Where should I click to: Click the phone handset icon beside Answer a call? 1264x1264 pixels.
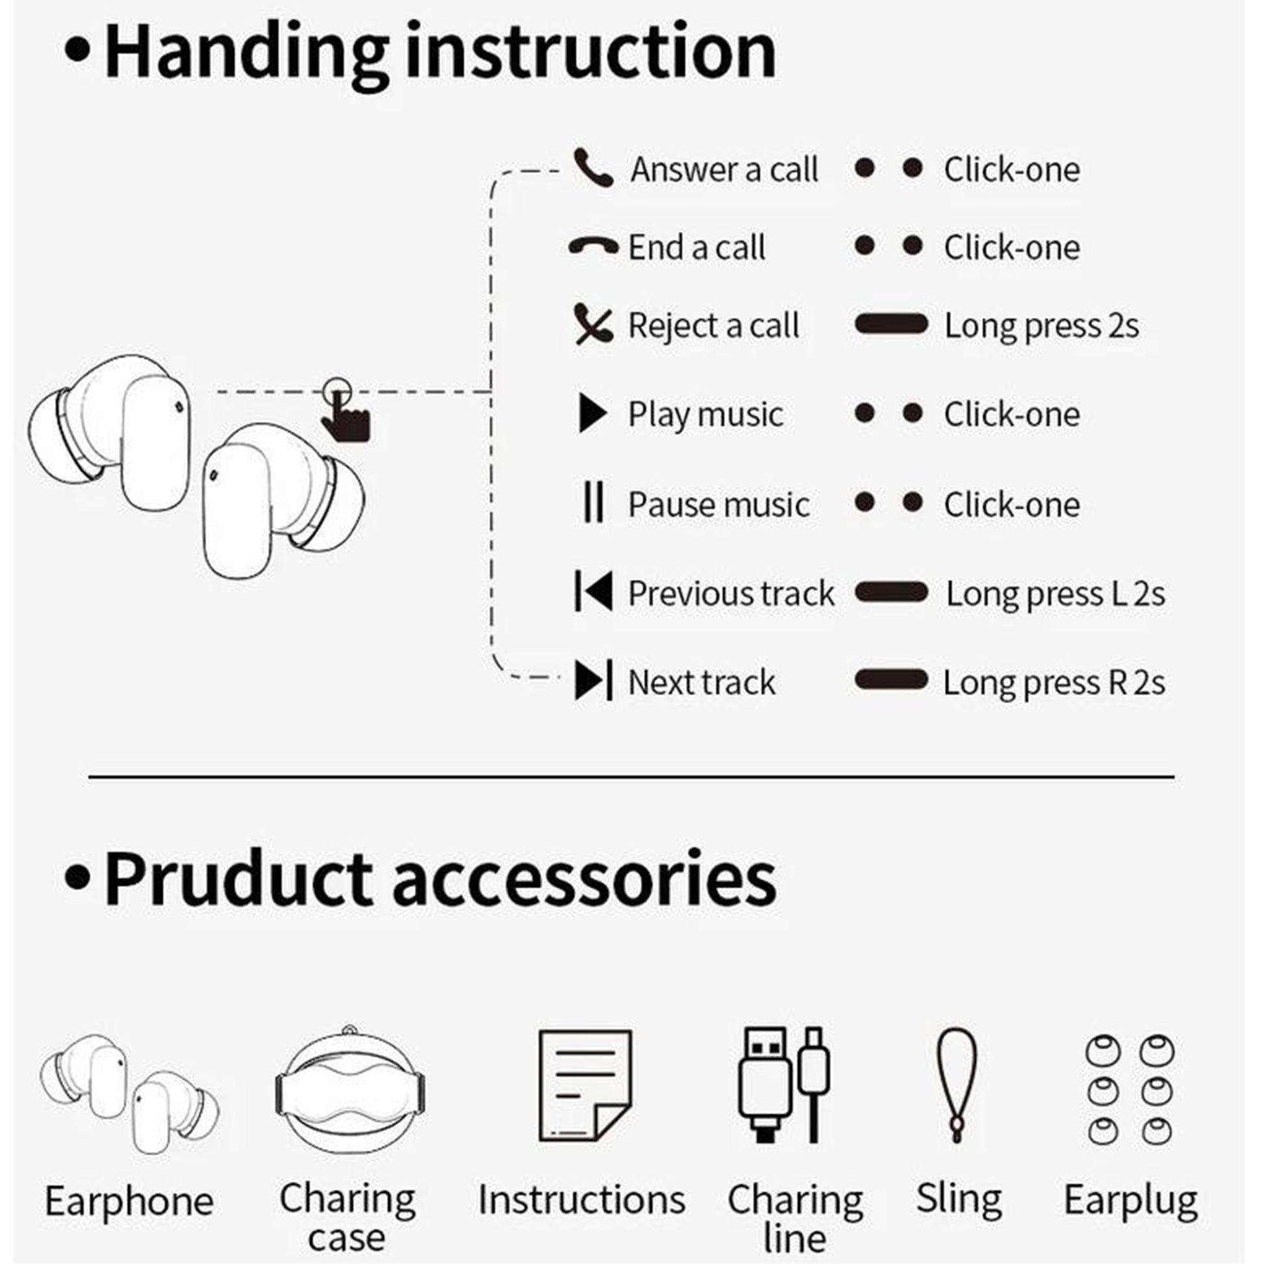click(593, 168)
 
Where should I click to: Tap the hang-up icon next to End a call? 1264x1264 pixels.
click(594, 246)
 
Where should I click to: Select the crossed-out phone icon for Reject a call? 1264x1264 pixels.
click(594, 324)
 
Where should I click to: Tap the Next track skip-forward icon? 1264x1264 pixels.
click(594, 680)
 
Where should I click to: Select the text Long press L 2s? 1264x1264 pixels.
click(1055, 594)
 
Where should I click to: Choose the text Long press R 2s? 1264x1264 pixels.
click(1054, 683)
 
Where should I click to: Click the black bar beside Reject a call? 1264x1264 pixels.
click(891, 324)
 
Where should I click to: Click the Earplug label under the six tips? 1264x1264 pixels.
click(1131, 1200)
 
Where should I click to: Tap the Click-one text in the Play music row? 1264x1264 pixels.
click(1011, 414)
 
